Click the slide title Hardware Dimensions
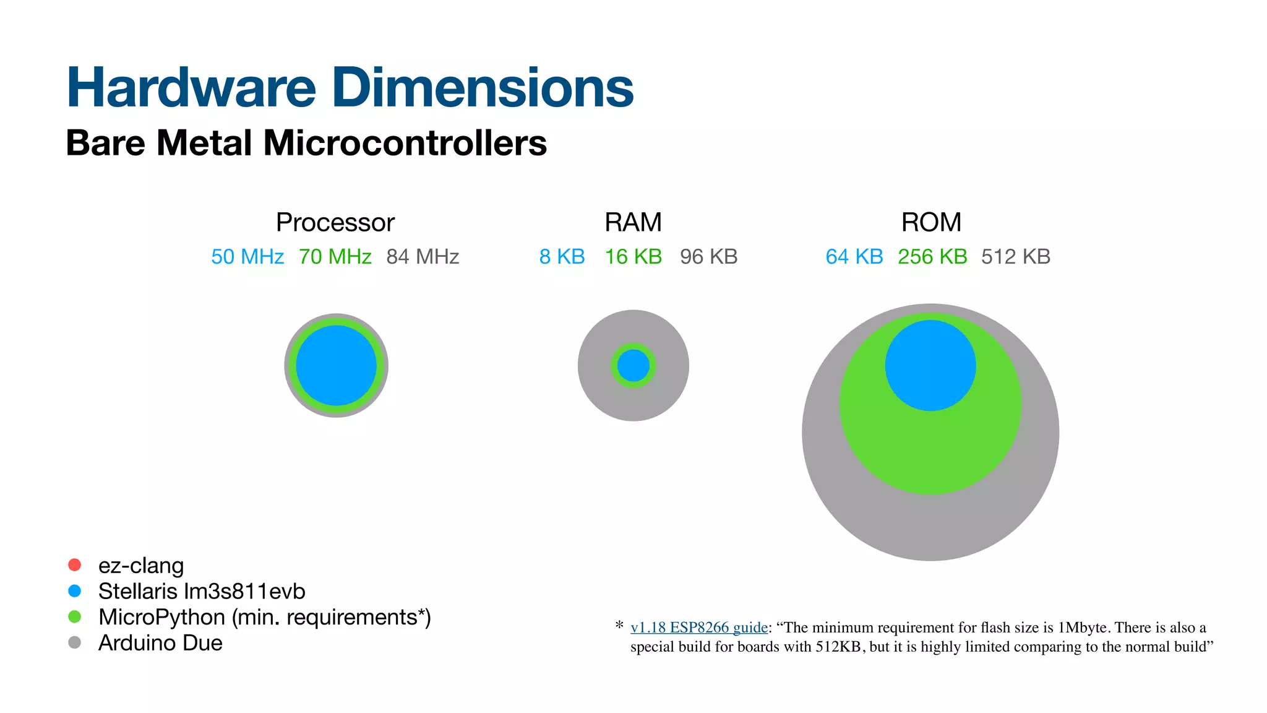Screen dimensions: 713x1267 tap(350, 87)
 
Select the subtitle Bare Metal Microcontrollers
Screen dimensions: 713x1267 tap(306, 143)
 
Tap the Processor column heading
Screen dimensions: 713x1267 tap(335, 222)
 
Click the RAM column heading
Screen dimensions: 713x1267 tap(633, 222)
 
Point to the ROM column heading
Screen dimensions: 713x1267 tap(931, 222)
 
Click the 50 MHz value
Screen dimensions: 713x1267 tap(247, 256)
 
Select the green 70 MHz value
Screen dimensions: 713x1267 tap(335, 256)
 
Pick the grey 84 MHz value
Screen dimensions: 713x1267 tap(423, 256)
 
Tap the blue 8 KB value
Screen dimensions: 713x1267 tap(562, 256)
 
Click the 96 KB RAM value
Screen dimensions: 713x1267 tap(708, 256)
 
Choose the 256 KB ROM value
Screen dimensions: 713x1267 tap(932, 256)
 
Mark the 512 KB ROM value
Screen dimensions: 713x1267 tap(1016, 256)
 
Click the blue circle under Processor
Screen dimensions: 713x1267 tap(336, 365)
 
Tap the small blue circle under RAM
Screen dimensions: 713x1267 tap(633, 365)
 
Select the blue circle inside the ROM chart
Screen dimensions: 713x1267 tap(930, 365)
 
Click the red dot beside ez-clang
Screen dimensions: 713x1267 tap(75, 564)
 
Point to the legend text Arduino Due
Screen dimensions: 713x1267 tap(160, 642)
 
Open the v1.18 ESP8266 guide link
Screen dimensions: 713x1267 tap(699, 627)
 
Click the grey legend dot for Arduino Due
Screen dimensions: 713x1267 tap(75, 642)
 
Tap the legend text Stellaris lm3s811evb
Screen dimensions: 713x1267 tap(202, 591)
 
